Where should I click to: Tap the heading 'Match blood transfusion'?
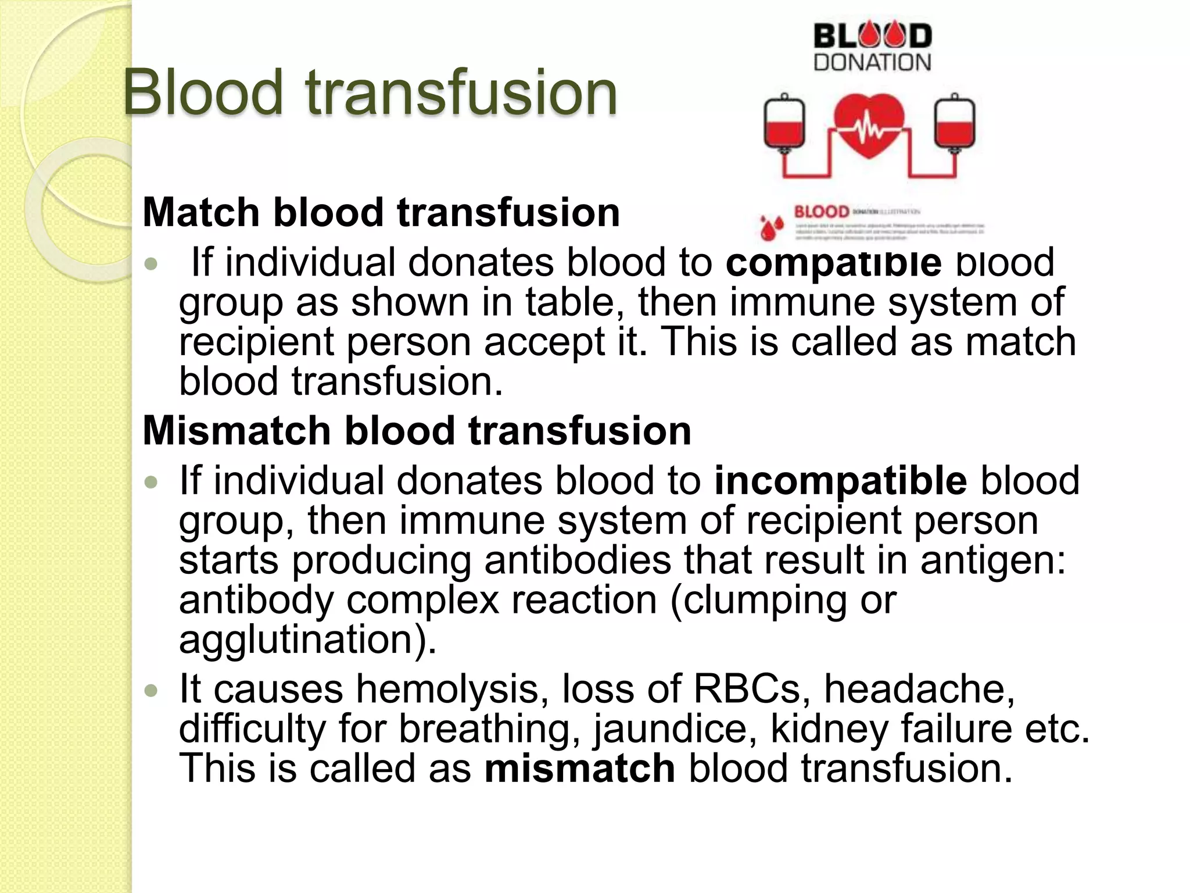[381, 212]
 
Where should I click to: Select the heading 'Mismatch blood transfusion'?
[417, 431]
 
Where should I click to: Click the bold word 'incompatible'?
[840, 481]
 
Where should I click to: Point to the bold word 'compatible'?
[833, 263]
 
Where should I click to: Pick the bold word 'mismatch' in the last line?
[579, 768]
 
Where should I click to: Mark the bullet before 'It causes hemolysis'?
[151, 691]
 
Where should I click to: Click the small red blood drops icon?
[772, 227]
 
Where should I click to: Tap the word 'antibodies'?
[578, 560]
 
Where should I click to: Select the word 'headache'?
[919, 689]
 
